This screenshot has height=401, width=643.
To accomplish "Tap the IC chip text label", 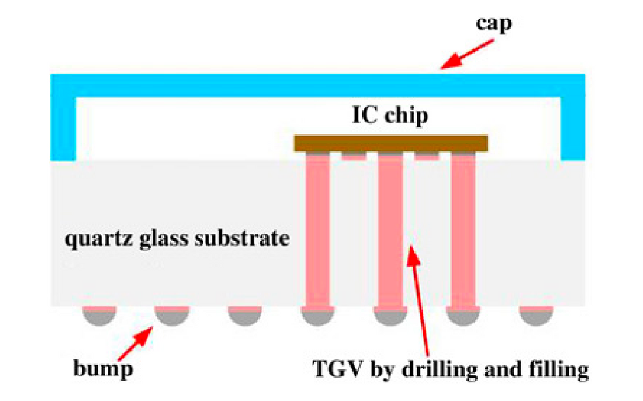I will click(x=390, y=115).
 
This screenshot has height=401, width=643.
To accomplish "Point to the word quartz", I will click(x=94, y=239).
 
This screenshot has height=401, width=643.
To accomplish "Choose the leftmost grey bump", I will click(x=99, y=316).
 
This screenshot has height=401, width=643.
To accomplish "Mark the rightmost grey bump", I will click(x=535, y=316).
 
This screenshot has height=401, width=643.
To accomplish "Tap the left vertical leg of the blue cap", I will click(x=63, y=129).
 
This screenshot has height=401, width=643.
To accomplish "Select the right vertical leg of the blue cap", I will click(x=573, y=129).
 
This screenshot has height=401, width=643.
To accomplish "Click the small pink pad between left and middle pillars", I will click(x=354, y=156).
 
